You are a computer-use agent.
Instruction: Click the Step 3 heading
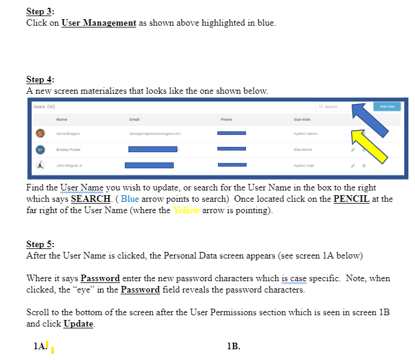point(40,12)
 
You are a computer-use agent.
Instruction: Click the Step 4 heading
point(40,80)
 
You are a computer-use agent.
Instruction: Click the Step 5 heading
point(40,244)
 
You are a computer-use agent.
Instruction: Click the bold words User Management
point(99,23)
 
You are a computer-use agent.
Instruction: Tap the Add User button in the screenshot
point(386,106)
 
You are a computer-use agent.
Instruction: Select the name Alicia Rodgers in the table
point(68,134)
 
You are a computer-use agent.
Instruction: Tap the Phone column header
point(225,119)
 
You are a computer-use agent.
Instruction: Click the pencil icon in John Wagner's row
point(353,166)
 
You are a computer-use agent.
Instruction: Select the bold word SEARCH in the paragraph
point(90,199)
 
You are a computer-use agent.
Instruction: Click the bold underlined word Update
point(78,324)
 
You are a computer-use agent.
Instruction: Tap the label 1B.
point(233,345)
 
